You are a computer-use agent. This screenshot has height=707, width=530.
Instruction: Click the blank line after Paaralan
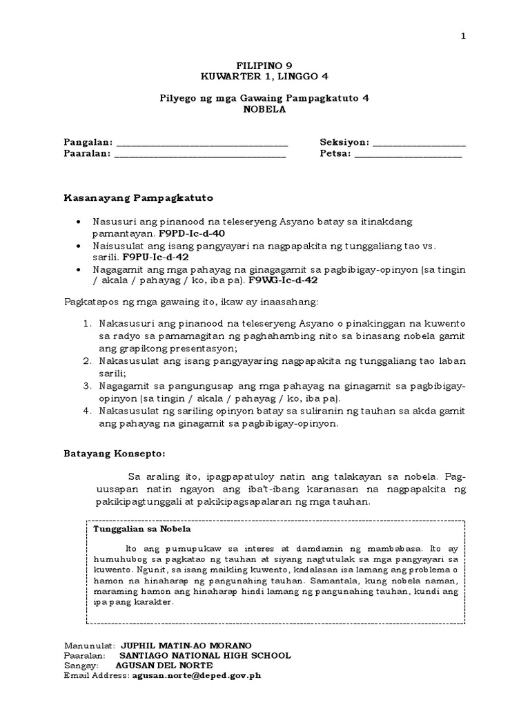point(200,155)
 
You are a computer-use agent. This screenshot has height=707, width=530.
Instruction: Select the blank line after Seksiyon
point(419,144)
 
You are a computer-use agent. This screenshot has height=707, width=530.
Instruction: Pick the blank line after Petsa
point(409,155)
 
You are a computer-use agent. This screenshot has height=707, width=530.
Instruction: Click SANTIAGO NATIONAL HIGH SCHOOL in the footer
point(205,655)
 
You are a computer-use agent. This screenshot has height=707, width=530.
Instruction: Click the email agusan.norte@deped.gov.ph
point(196,677)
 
